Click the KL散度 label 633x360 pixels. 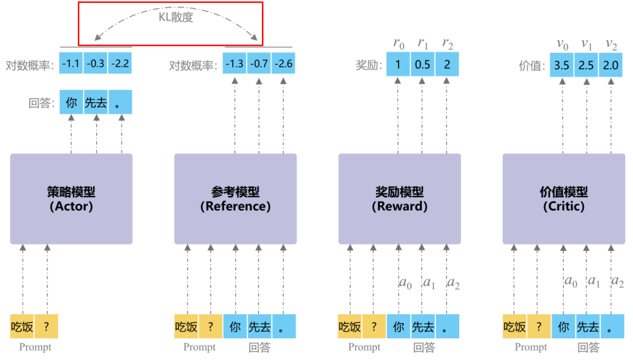click(176, 18)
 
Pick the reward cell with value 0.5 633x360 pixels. click(422, 64)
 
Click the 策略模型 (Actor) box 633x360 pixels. click(71, 199)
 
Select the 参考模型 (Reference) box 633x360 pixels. click(235, 199)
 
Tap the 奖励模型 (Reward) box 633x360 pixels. click(399, 199)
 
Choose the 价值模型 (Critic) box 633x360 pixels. click(563, 199)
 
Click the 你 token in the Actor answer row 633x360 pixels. click(72, 103)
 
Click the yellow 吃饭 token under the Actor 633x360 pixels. click(22, 327)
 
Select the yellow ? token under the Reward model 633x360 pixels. click(374, 327)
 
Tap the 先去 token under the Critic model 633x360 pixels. click(587, 327)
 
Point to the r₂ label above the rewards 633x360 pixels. click(447, 43)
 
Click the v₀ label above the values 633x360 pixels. click(561, 44)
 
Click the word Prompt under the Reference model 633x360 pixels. click(199, 347)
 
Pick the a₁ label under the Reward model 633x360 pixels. click(429, 283)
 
